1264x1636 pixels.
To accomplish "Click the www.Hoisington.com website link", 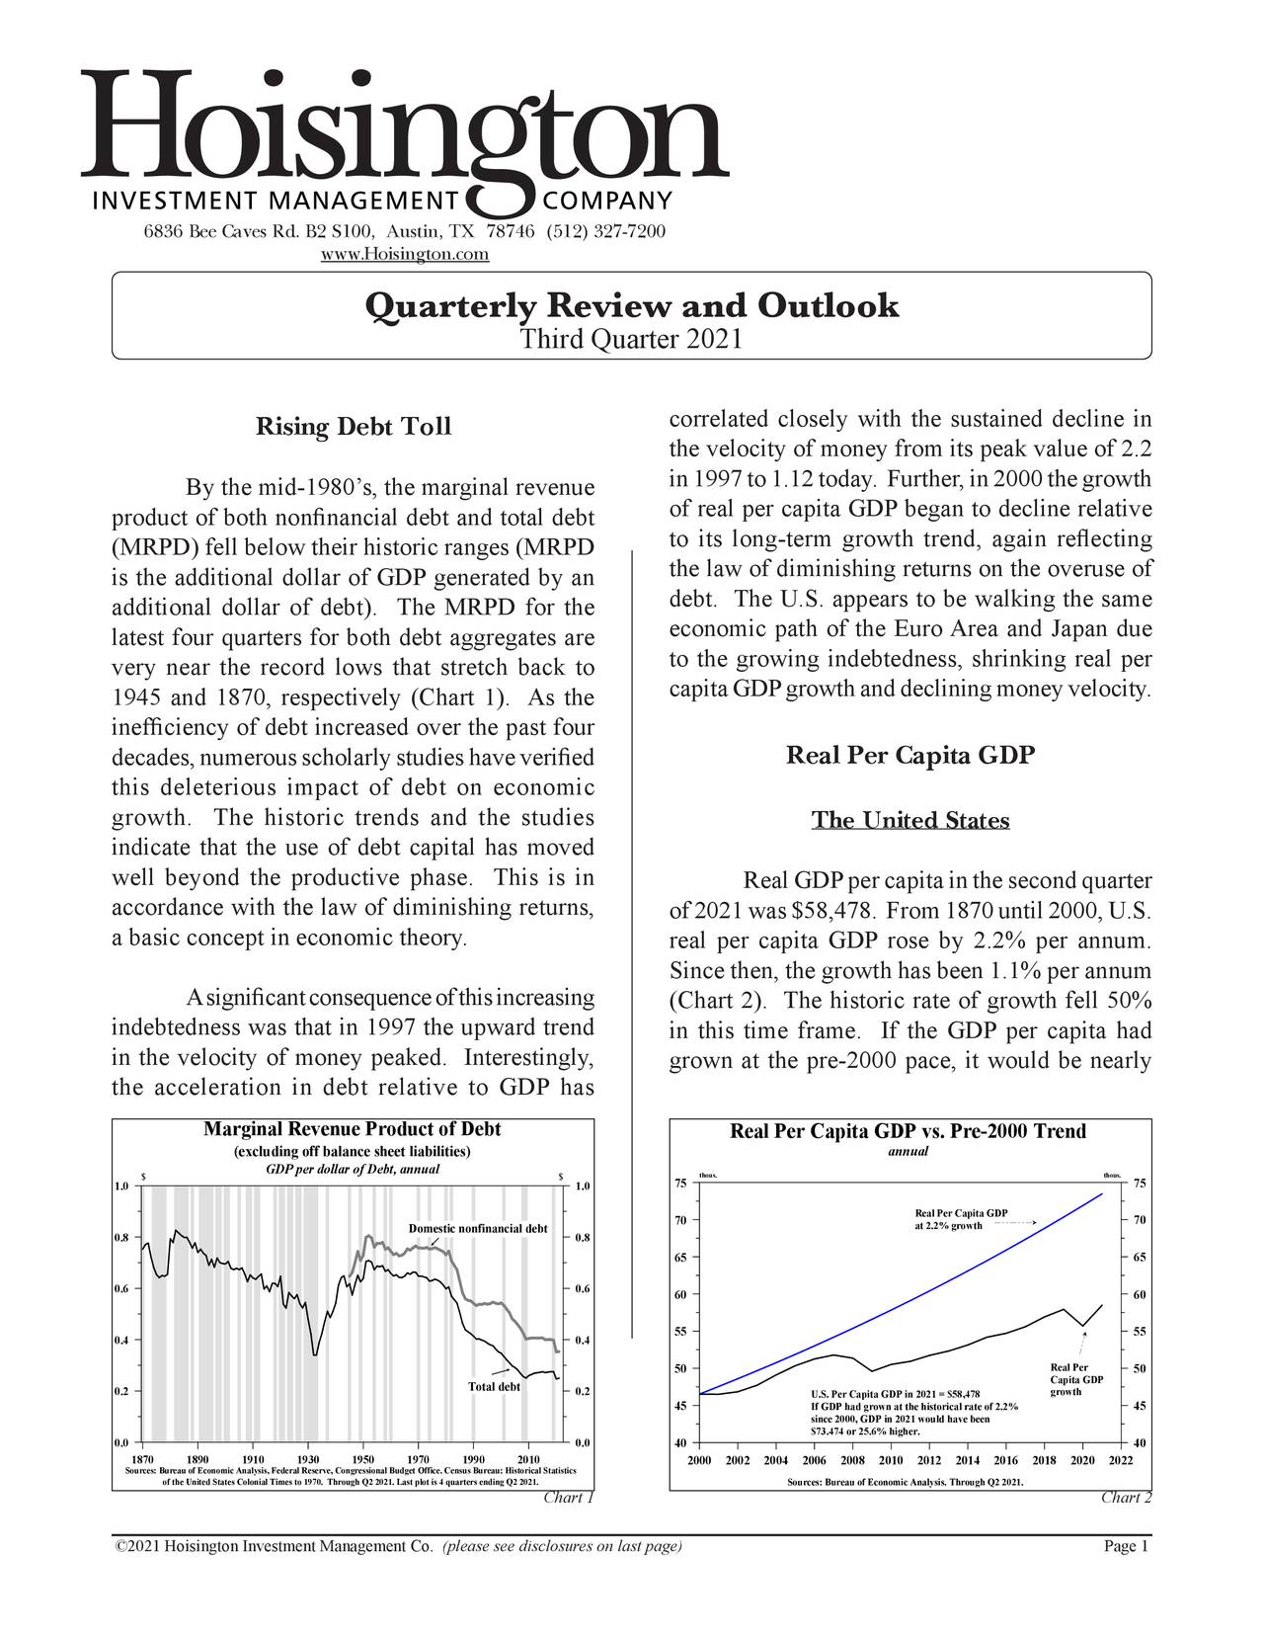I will (x=406, y=255).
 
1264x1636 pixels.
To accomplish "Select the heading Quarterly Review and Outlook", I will (x=632, y=305).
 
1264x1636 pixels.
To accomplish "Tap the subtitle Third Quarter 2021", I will (x=631, y=340).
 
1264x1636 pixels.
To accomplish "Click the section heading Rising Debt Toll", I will (x=354, y=427).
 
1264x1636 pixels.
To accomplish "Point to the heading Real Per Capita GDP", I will (x=909, y=757).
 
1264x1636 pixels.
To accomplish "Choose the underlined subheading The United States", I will (x=909, y=821).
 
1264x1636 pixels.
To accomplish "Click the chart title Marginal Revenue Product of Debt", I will (x=352, y=1129).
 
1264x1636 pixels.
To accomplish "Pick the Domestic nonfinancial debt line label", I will (x=478, y=1228).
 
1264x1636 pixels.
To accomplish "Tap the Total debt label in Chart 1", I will (x=494, y=1386).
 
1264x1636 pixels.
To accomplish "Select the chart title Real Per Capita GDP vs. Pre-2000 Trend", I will (x=908, y=1131).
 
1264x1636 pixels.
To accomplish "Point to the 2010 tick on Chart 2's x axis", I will (x=891, y=1461).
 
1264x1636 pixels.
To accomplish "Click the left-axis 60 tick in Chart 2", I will (x=680, y=1294).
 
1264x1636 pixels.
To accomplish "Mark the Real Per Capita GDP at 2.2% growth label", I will (x=960, y=1219).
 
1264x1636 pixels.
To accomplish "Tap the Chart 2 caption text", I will (x=1126, y=1498).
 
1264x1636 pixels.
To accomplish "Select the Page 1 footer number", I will (x=1126, y=1546).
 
